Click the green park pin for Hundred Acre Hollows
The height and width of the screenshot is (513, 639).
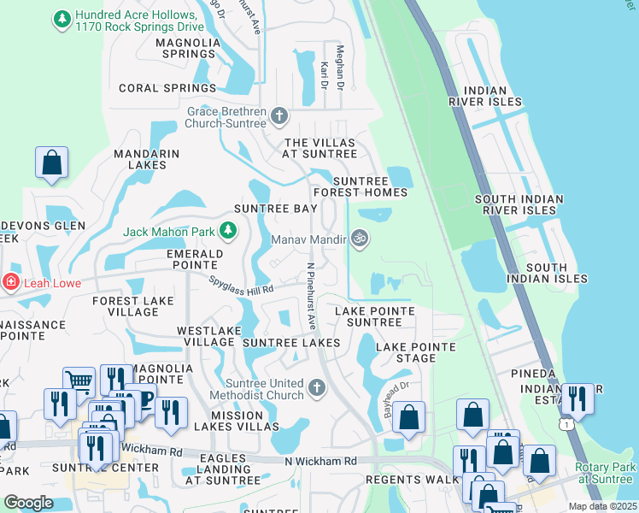click(62, 18)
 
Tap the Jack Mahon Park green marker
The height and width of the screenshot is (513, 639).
click(228, 230)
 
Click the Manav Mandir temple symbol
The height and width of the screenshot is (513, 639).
click(360, 239)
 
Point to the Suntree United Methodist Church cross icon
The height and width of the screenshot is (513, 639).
click(317, 388)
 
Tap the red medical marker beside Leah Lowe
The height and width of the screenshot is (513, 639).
click(10, 280)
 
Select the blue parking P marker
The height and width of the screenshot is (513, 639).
click(145, 400)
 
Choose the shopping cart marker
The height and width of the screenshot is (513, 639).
click(79, 380)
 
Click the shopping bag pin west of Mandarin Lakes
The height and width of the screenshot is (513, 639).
click(51, 161)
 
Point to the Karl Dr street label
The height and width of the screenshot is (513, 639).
click(325, 74)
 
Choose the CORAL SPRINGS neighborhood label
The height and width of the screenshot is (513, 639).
click(167, 88)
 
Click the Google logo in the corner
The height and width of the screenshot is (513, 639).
click(28, 503)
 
